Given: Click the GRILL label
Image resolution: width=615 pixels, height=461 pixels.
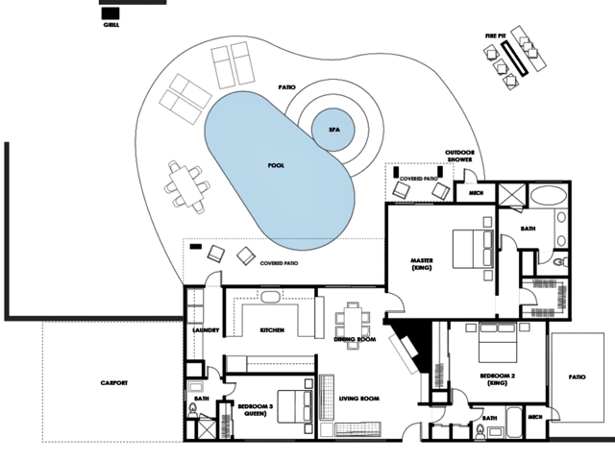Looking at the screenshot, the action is pos(111,25).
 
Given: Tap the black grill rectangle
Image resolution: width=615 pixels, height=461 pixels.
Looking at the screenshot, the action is pos(111,13).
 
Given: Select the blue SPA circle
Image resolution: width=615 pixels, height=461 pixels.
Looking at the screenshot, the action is pos(333,130).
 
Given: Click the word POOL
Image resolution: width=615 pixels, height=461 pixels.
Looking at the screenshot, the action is pos(276,165).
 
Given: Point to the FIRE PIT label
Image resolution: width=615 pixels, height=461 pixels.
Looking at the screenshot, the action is pos(496,36).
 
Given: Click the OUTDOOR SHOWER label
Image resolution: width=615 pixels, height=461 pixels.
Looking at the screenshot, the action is pos(459,156).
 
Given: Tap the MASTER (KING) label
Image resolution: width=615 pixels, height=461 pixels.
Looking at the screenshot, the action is pos(422,264).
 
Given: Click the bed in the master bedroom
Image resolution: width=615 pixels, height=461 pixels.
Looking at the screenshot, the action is pos(473,249).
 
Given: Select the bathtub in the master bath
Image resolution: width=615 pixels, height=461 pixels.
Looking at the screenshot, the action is pos(548,195).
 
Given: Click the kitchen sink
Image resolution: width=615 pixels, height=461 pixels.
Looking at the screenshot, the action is pos(270,297).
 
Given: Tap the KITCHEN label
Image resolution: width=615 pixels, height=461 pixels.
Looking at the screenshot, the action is pos(272,330).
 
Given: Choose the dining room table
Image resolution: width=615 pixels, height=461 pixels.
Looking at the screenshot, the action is pos(353,326).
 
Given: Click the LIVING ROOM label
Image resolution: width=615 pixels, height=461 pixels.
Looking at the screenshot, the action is pos(358,399).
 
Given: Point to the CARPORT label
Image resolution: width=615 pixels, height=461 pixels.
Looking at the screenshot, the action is pos(114,382).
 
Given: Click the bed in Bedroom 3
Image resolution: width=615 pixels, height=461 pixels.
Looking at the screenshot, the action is pos(295,406).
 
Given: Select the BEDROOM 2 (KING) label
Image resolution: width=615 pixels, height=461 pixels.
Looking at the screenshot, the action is pos(498,379).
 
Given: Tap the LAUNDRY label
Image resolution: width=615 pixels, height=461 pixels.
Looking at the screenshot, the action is pos(206,330).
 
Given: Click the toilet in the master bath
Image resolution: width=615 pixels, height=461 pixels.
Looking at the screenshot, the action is pos(561,261).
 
